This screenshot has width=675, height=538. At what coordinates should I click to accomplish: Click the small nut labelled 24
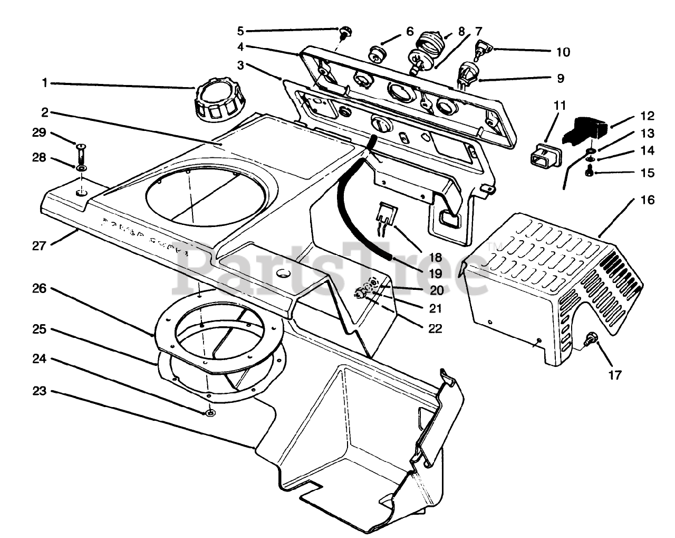coord(211,412)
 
